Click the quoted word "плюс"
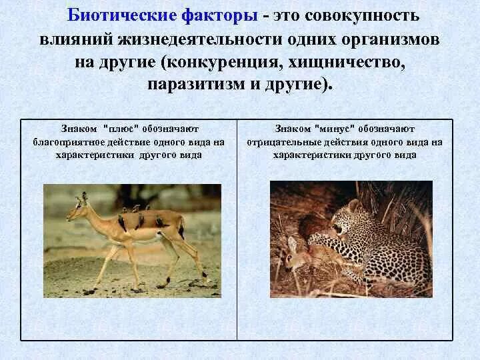(119, 128)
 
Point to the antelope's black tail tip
(181, 233)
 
